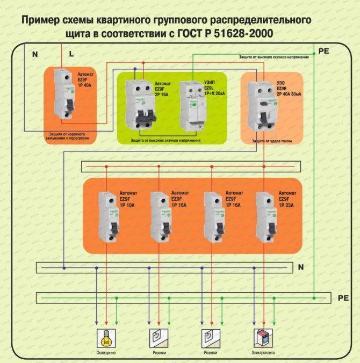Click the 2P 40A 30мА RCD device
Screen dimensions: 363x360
[261, 105]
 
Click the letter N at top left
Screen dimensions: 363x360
[35, 54]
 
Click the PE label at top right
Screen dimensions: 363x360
[323, 51]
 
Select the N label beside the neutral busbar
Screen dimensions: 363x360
[301, 267]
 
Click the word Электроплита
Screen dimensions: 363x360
[262, 353]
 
